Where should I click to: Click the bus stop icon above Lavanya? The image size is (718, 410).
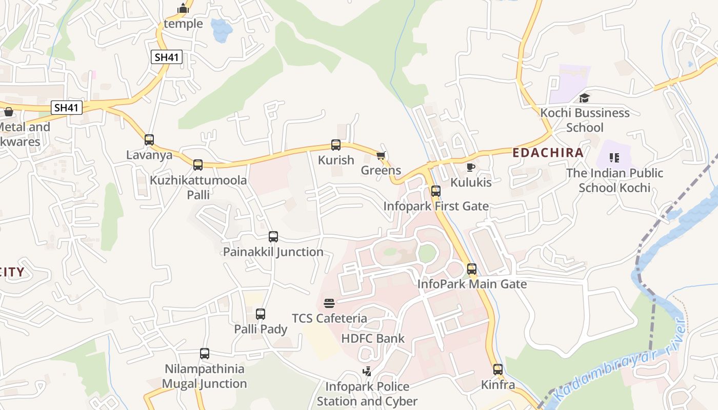tap(149, 139)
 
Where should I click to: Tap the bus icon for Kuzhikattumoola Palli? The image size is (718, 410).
tap(198, 165)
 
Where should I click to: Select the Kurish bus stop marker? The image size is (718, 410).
tap(336, 145)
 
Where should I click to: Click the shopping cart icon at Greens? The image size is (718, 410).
tap(381, 155)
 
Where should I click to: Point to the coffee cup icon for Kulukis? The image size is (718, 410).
tap(470, 167)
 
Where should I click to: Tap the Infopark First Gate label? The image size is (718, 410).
tap(436, 206)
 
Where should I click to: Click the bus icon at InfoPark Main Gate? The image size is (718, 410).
tap(472, 269)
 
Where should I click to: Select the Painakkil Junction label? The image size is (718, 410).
tap(273, 252)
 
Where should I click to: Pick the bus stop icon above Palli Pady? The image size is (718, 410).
tap(261, 314)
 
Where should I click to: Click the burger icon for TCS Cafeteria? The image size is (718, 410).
tap(329, 303)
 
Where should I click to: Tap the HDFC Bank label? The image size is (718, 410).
tap(373, 338)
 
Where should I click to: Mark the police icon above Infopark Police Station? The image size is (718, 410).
tap(367, 372)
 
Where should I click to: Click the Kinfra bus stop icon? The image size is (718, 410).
tap(497, 369)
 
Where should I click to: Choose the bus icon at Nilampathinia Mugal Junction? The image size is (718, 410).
tap(205, 353)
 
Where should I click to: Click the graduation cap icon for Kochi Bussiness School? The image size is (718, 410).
tap(584, 98)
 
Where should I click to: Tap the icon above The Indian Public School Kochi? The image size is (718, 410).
tap(614, 158)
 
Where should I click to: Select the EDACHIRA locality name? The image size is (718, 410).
tap(548, 153)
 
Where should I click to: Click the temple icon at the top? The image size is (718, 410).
tap(183, 9)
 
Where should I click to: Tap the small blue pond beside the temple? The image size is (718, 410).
tap(221, 31)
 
